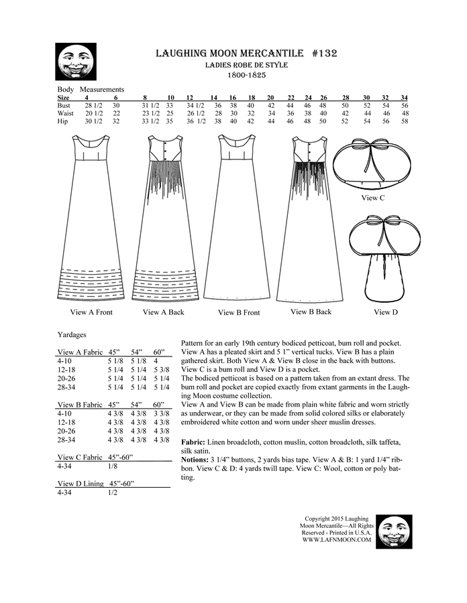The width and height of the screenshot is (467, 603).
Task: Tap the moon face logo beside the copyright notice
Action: [x=394, y=532]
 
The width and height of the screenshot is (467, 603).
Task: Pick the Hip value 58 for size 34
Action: [x=404, y=121]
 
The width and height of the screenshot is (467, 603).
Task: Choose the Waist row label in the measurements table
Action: [x=65, y=113]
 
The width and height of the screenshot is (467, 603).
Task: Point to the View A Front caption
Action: [x=91, y=312]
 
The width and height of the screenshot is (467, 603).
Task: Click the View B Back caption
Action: [x=311, y=312]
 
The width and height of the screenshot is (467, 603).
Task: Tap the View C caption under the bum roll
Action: [x=373, y=198]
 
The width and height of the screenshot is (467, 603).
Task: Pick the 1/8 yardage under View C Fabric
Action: [x=111, y=466]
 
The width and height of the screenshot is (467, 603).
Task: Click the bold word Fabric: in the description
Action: [x=196, y=443]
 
